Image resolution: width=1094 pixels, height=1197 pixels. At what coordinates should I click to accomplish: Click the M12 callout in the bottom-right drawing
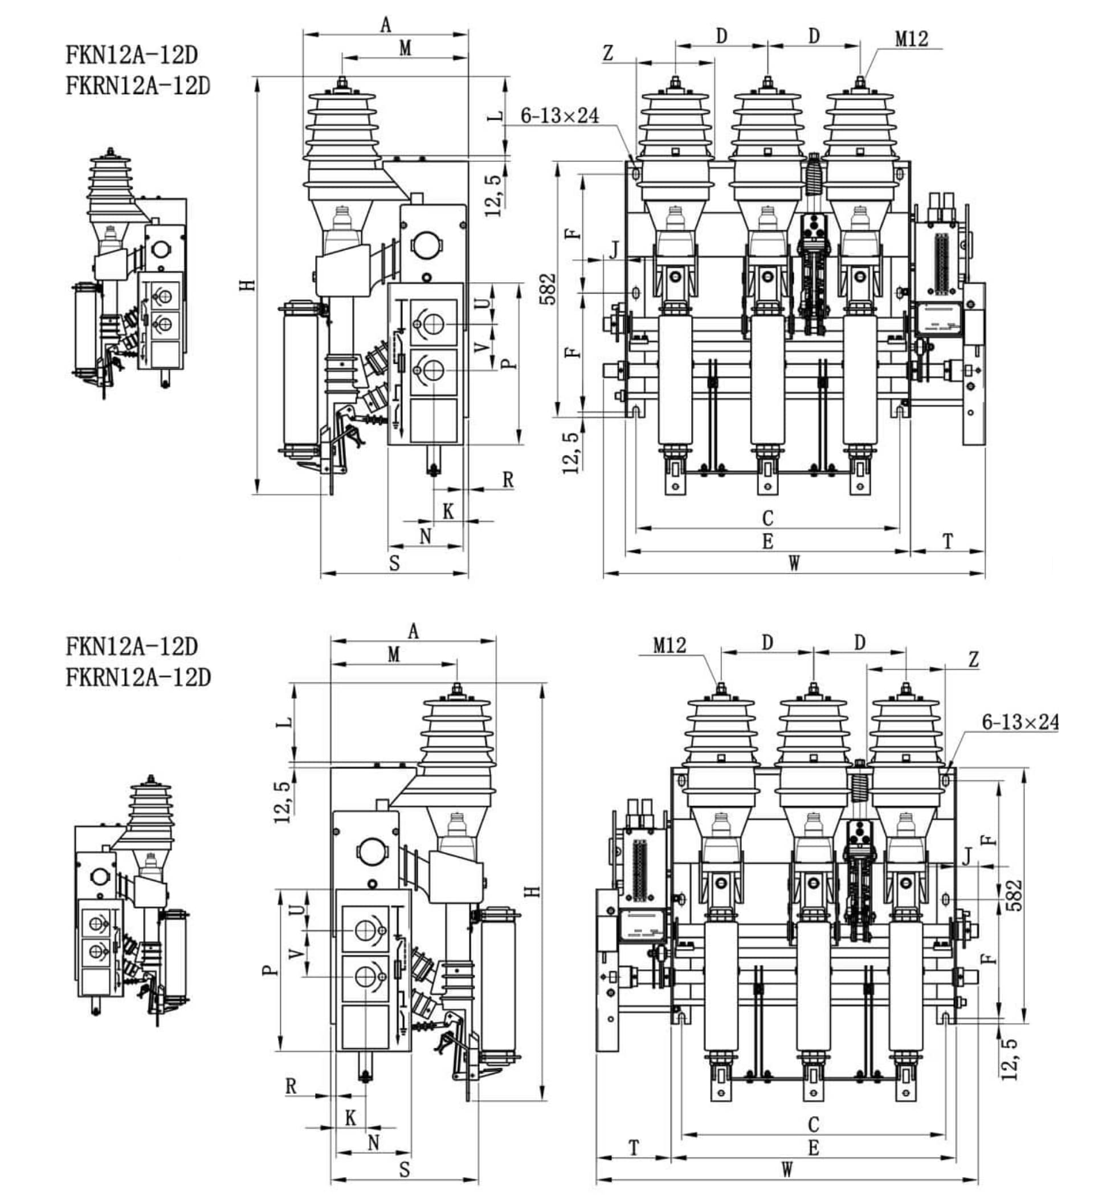670,645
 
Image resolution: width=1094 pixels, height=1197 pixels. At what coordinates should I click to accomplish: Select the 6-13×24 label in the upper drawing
559,115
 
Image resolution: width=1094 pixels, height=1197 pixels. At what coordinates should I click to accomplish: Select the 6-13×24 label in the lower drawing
1020,722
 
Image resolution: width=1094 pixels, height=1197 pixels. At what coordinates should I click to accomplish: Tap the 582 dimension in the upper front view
549,289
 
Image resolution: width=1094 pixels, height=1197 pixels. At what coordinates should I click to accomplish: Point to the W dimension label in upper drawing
794,563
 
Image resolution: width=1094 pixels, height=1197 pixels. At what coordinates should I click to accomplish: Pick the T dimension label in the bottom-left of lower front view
634,1149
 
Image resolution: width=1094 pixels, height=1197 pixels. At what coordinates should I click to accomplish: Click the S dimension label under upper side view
394,563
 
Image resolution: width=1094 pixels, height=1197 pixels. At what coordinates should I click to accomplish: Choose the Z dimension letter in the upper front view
608,54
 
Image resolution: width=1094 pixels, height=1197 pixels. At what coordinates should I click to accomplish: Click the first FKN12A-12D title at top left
131,55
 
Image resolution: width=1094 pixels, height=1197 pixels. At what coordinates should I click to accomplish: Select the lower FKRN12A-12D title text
138,678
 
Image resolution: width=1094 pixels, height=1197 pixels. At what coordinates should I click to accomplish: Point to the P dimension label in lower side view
270,970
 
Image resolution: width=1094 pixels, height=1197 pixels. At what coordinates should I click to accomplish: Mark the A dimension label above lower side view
413,631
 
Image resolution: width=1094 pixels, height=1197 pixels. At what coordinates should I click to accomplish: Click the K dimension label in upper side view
448,511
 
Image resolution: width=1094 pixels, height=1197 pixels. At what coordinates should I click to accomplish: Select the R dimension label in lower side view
291,1086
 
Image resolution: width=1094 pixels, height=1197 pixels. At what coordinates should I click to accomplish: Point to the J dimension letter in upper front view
614,250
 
